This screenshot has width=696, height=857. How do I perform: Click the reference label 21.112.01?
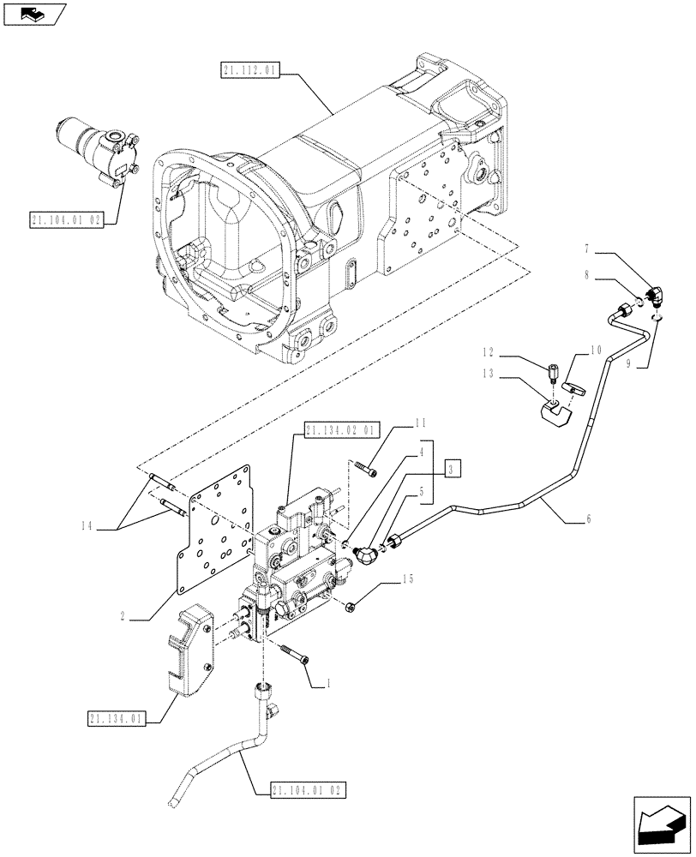[248, 72]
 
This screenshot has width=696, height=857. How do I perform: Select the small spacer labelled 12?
[552, 375]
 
